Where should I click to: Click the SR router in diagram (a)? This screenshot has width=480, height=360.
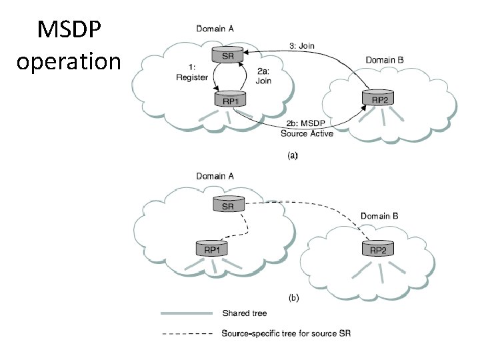point(227,55)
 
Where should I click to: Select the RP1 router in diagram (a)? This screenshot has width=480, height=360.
point(230,99)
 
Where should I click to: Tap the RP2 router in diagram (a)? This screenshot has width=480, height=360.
point(378,97)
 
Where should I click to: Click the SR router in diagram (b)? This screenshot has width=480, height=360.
point(229,204)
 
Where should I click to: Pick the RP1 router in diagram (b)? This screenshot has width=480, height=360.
point(212,248)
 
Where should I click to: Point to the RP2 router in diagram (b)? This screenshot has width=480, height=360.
point(378,248)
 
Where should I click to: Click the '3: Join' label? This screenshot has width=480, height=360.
point(302,45)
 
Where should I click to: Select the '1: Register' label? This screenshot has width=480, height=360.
point(192,73)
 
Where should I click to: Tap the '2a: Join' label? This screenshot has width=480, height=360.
point(263,76)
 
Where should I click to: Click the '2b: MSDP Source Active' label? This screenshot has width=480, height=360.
point(307,129)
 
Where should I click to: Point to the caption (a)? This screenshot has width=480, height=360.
point(293,155)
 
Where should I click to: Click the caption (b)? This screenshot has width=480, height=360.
point(293,297)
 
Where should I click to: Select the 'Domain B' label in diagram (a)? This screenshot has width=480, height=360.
point(385,60)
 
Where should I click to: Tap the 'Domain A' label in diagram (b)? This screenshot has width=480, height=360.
point(215,176)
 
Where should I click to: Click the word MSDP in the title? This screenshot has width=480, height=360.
point(69,29)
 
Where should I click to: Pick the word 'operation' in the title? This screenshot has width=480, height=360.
point(69,61)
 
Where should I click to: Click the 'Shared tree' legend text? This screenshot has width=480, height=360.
point(245,313)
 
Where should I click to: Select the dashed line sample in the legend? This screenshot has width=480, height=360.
point(187,333)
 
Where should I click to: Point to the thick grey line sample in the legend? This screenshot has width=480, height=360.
point(187,313)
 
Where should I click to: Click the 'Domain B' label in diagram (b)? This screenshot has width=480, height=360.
point(379,216)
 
